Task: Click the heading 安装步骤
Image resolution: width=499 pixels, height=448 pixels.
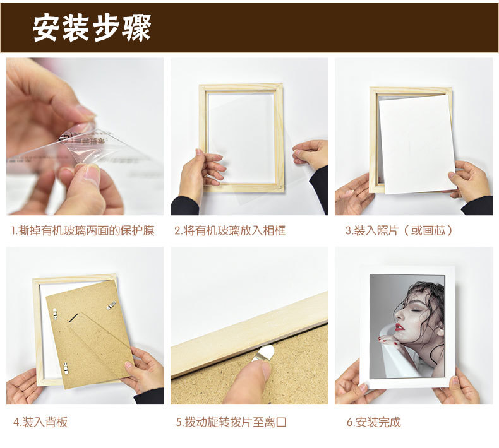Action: [92, 28]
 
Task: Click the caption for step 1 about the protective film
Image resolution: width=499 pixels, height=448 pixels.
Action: [83, 230]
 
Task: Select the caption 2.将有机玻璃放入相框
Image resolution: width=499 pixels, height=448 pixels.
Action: [230, 230]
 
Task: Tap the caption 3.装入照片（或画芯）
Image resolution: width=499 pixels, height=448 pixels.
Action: [399, 230]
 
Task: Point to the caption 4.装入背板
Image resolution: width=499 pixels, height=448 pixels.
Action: [40, 422]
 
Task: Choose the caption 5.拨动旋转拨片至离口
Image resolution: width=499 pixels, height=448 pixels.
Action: [231, 422]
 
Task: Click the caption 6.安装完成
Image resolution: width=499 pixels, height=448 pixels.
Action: [373, 422]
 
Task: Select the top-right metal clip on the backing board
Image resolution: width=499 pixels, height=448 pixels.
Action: [111, 305]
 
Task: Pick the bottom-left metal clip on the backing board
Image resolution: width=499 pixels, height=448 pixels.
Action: [66, 368]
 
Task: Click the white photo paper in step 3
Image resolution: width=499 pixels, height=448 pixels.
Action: [417, 144]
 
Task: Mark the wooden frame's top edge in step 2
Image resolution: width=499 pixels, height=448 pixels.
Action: [241, 87]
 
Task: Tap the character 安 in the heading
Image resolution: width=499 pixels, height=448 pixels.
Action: [47, 28]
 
